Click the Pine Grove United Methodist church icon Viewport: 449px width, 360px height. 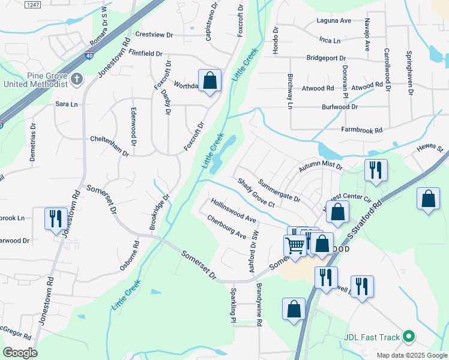76,79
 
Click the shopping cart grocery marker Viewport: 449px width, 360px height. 295,245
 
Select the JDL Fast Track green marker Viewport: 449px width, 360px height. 409,337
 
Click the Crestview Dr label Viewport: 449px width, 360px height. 154,35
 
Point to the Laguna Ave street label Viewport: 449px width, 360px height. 334,20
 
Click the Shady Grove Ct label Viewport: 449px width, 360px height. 255,193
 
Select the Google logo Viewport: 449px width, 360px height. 20,353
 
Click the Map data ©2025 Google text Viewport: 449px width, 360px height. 411,355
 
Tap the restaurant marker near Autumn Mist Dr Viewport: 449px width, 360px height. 376,170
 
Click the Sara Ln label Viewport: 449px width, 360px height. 67,104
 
